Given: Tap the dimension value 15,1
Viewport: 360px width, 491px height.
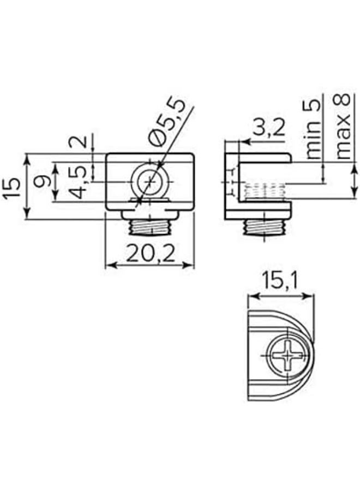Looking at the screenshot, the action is (x=280, y=280).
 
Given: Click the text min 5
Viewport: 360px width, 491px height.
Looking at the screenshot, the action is (x=313, y=129).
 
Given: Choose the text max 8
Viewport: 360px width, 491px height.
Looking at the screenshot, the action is (x=344, y=126).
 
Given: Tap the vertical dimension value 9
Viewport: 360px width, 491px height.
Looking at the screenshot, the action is (x=42, y=181).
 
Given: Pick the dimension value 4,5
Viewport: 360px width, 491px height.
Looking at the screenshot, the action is (x=76, y=182).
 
